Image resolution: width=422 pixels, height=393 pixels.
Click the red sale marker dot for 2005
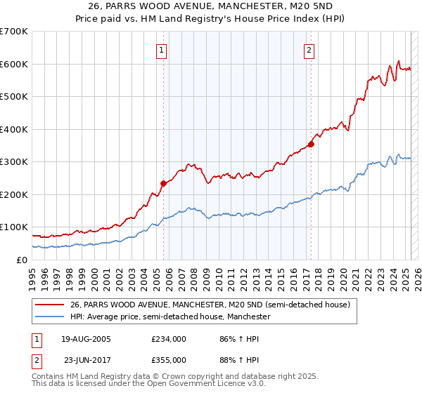(163, 183)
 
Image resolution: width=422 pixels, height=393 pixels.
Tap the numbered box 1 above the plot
(162, 50)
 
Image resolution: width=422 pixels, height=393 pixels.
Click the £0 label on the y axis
(21, 260)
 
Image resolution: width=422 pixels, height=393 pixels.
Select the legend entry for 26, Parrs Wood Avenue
(205, 305)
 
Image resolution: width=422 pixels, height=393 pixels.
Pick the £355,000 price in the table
(168, 359)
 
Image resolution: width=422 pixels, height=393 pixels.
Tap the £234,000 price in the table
(168, 338)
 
